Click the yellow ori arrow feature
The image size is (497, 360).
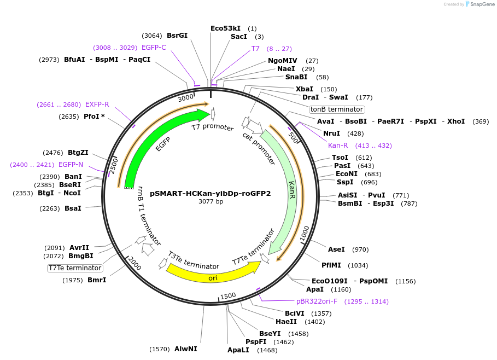click(x=213, y=272)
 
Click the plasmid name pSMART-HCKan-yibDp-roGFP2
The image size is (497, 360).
click(x=211, y=193)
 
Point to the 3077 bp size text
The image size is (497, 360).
click(x=211, y=201)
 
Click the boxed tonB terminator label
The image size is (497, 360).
click(x=337, y=109)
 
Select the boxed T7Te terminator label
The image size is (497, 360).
click(x=75, y=268)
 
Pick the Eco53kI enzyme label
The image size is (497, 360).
click(x=225, y=28)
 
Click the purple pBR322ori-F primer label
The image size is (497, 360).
click(x=317, y=301)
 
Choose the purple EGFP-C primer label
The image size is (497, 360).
click(x=154, y=48)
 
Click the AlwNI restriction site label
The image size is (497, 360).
click(x=186, y=349)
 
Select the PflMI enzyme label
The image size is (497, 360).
click(x=331, y=265)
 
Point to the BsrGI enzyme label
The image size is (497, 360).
click(x=177, y=36)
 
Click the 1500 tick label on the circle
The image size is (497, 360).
click(x=228, y=295)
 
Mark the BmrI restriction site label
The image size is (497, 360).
click(x=97, y=280)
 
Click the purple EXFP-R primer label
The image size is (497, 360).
click(x=97, y=104)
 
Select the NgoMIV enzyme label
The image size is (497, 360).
click(x=283, y=61)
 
